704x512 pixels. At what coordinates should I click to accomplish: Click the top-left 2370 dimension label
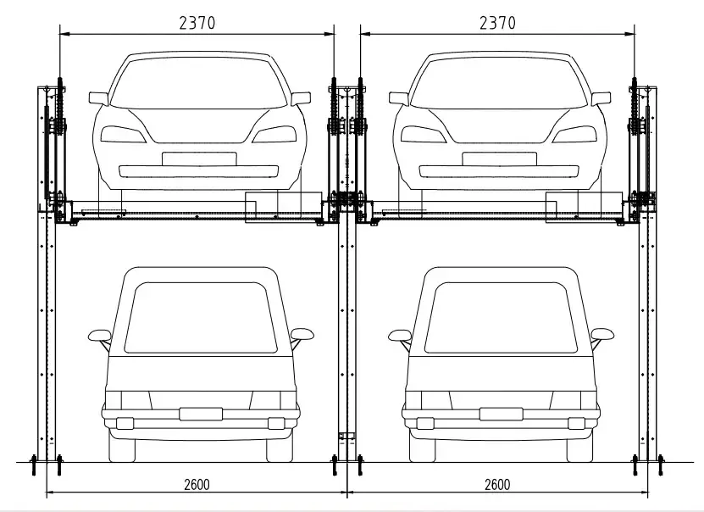pos(197,22)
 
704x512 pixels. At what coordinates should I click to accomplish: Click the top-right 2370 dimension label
pos(497,22)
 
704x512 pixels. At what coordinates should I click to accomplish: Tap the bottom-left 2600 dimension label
pos(197,485)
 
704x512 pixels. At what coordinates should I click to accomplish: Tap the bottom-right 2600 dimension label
pos(497,485)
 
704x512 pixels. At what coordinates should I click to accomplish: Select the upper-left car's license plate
pos(199,159)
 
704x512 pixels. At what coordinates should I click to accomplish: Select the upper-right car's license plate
pos(499,159)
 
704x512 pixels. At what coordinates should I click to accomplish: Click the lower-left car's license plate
pos(201,414)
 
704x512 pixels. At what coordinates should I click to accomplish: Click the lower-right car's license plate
pos(501,414)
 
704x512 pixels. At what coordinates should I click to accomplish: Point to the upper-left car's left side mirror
pos(99,99)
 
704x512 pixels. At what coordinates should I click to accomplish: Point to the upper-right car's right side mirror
pos(601,99)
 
